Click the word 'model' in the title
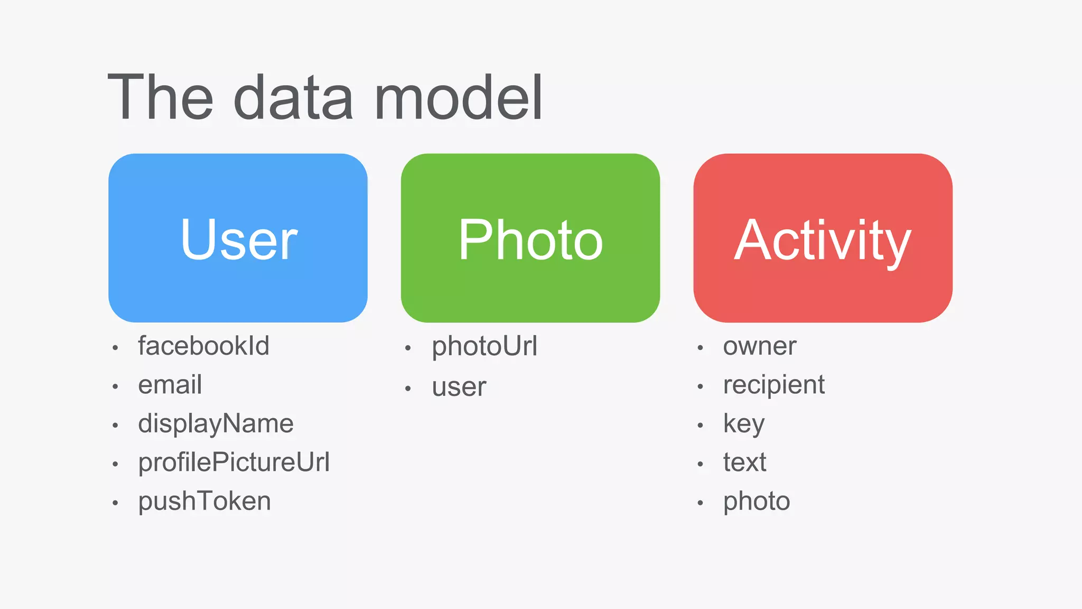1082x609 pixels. click(x=458, y=98)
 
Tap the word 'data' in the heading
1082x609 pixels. click(x=293, y=98)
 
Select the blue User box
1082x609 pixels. click(x=238, y=238)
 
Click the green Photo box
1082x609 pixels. click(x=530, y=238)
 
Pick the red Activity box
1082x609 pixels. click(x=823, y=238)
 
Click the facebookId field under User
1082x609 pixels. click(x=203, y=346)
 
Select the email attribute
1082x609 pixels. click(x=170, y=385)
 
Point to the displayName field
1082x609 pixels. click(x=216, y=424)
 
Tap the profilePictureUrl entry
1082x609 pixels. click(x=234, y=463)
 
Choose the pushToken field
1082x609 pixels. click(x=204, y=501)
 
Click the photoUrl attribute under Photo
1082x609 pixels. click(x=484, y=347)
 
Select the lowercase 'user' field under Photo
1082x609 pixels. click(x=459, y=387)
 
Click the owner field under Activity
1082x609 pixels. click(x=759, y=347)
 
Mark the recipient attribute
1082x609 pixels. click(x=773, y=385)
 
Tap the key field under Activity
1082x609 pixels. click(x=743, y=424)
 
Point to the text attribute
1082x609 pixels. click(x=744, y=463)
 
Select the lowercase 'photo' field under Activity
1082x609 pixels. click(x=757, y=501)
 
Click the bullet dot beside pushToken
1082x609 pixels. click(x=115, y=503)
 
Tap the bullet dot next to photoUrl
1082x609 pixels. click(x=408, y=348)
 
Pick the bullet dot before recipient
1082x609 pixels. click(x=700, y=387)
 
